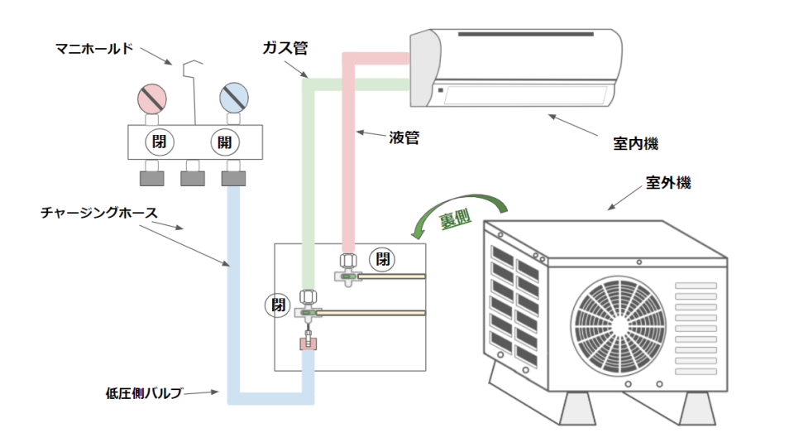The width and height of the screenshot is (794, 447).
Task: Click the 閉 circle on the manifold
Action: [159, 142]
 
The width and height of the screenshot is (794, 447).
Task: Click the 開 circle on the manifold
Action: [224, 142]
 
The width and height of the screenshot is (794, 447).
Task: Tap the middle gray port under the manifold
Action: [194, 176]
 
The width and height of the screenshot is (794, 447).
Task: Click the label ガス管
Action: [280, 49]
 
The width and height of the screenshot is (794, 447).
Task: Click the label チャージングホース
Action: [100, 213]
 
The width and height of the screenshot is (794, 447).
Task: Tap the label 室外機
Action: [667, 182]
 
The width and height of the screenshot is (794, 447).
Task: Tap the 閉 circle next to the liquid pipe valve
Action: [382, 259]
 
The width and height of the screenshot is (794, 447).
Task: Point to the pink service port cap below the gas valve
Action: [309, 341]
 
